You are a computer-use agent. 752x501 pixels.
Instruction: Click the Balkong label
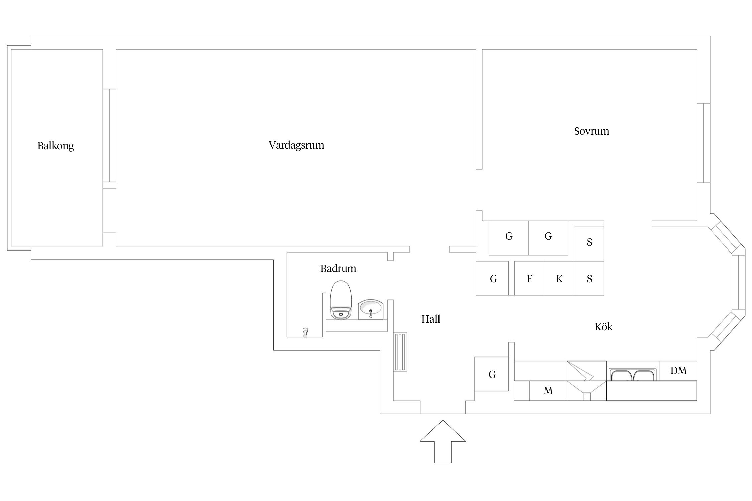[x=55, y=146]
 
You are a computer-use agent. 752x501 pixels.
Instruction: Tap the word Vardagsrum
[x=296, y=145]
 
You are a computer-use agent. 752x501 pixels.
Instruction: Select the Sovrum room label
[x=591, y=131]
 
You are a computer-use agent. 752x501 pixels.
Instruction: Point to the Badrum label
[x=338, y=268]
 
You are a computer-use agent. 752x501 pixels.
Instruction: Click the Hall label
[x=430, y=319]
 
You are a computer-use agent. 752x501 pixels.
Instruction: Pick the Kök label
[x=603, y=327]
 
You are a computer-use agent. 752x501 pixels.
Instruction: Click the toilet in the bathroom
[x=341, y=300]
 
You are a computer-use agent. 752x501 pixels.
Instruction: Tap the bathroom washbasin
[x=370, y=309]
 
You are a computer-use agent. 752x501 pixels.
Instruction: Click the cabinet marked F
[x=529, y=279]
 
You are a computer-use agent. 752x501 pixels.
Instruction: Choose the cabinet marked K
[x=559, y=279]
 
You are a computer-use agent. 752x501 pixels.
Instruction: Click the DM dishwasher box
[x=678, y=371]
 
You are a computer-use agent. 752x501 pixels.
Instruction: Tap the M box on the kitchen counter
[x=548, y=390]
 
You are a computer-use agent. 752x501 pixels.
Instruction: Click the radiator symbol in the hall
[x=400, y=351]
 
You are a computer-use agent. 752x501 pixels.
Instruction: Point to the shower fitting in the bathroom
[x=305, y=332]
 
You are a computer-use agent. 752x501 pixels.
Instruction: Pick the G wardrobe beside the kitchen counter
[x=492, y=374]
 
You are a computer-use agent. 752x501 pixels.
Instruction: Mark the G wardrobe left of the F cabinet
[x=493, y=279]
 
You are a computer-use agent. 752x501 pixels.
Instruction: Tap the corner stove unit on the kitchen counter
[x=586, y=381]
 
